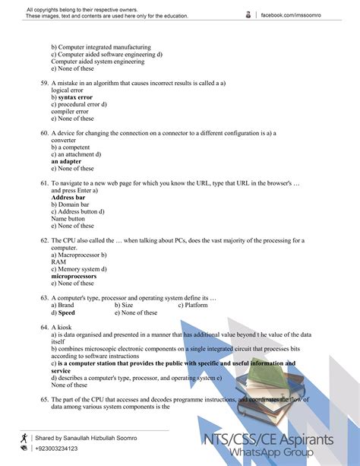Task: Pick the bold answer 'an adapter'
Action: [x=66, y=161]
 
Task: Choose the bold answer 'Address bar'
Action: [x=68, y=198]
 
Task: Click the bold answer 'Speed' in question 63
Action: [x=66, y=312]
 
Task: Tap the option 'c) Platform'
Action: [x=193, y=306]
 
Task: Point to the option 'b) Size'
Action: [x=125, y=306]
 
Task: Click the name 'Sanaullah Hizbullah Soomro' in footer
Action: [x=103, y=439]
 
